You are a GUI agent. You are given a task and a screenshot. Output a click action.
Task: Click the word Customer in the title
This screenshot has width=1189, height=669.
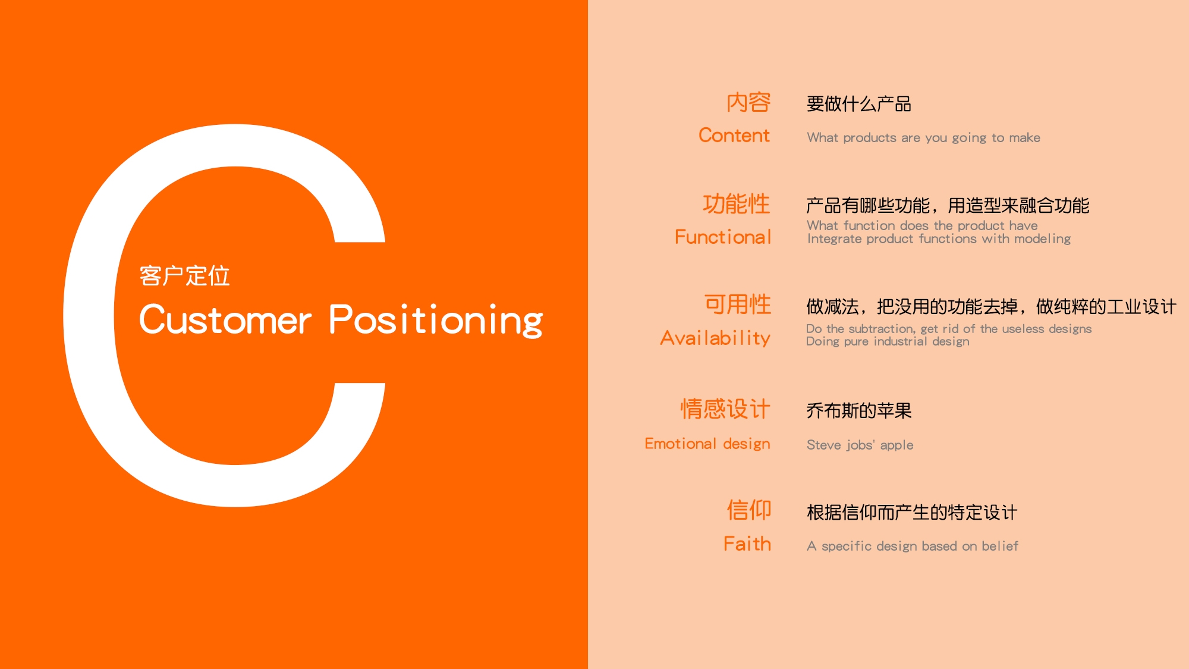point(225,320)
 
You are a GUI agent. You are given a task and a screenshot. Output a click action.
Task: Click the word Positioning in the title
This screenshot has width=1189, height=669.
point(436,320)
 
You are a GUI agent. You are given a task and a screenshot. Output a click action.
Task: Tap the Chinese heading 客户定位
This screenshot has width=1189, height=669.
point(184,276)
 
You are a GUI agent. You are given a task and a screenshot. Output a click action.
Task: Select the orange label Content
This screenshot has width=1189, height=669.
point(734,136)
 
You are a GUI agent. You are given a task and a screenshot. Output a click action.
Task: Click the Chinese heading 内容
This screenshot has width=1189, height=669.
point(748,102)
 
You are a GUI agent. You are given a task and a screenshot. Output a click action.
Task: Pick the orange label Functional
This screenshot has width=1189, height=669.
point(723,237)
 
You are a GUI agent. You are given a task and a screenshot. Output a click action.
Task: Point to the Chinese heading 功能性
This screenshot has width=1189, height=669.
point(737,204)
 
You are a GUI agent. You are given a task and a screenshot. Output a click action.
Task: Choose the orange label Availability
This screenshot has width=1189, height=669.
point(715,338)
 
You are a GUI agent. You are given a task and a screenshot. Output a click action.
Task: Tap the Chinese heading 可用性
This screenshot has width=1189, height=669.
point(738,304)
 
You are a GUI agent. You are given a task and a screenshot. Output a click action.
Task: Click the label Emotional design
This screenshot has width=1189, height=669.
point(707,444)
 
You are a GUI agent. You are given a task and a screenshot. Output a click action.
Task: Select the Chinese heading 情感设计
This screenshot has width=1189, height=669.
point(725,409)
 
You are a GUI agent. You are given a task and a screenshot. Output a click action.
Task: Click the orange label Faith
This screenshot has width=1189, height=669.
point(747,544)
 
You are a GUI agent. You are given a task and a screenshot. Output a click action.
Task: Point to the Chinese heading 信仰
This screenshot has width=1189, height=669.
point(749,510)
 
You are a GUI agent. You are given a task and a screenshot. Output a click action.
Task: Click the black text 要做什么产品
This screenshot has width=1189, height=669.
point(859,104)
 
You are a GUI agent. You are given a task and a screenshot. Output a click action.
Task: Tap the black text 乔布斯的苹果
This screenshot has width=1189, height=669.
point(859,410)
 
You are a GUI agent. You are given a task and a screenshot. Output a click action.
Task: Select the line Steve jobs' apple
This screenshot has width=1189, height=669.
point(860,445)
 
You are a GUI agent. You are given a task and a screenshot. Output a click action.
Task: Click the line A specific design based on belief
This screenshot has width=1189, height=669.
point(913,546)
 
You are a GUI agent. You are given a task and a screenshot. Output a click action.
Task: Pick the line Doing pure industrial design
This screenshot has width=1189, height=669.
point(888,341)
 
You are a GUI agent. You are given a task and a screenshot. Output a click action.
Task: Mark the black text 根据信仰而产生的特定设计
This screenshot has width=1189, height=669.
point(912,512)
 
